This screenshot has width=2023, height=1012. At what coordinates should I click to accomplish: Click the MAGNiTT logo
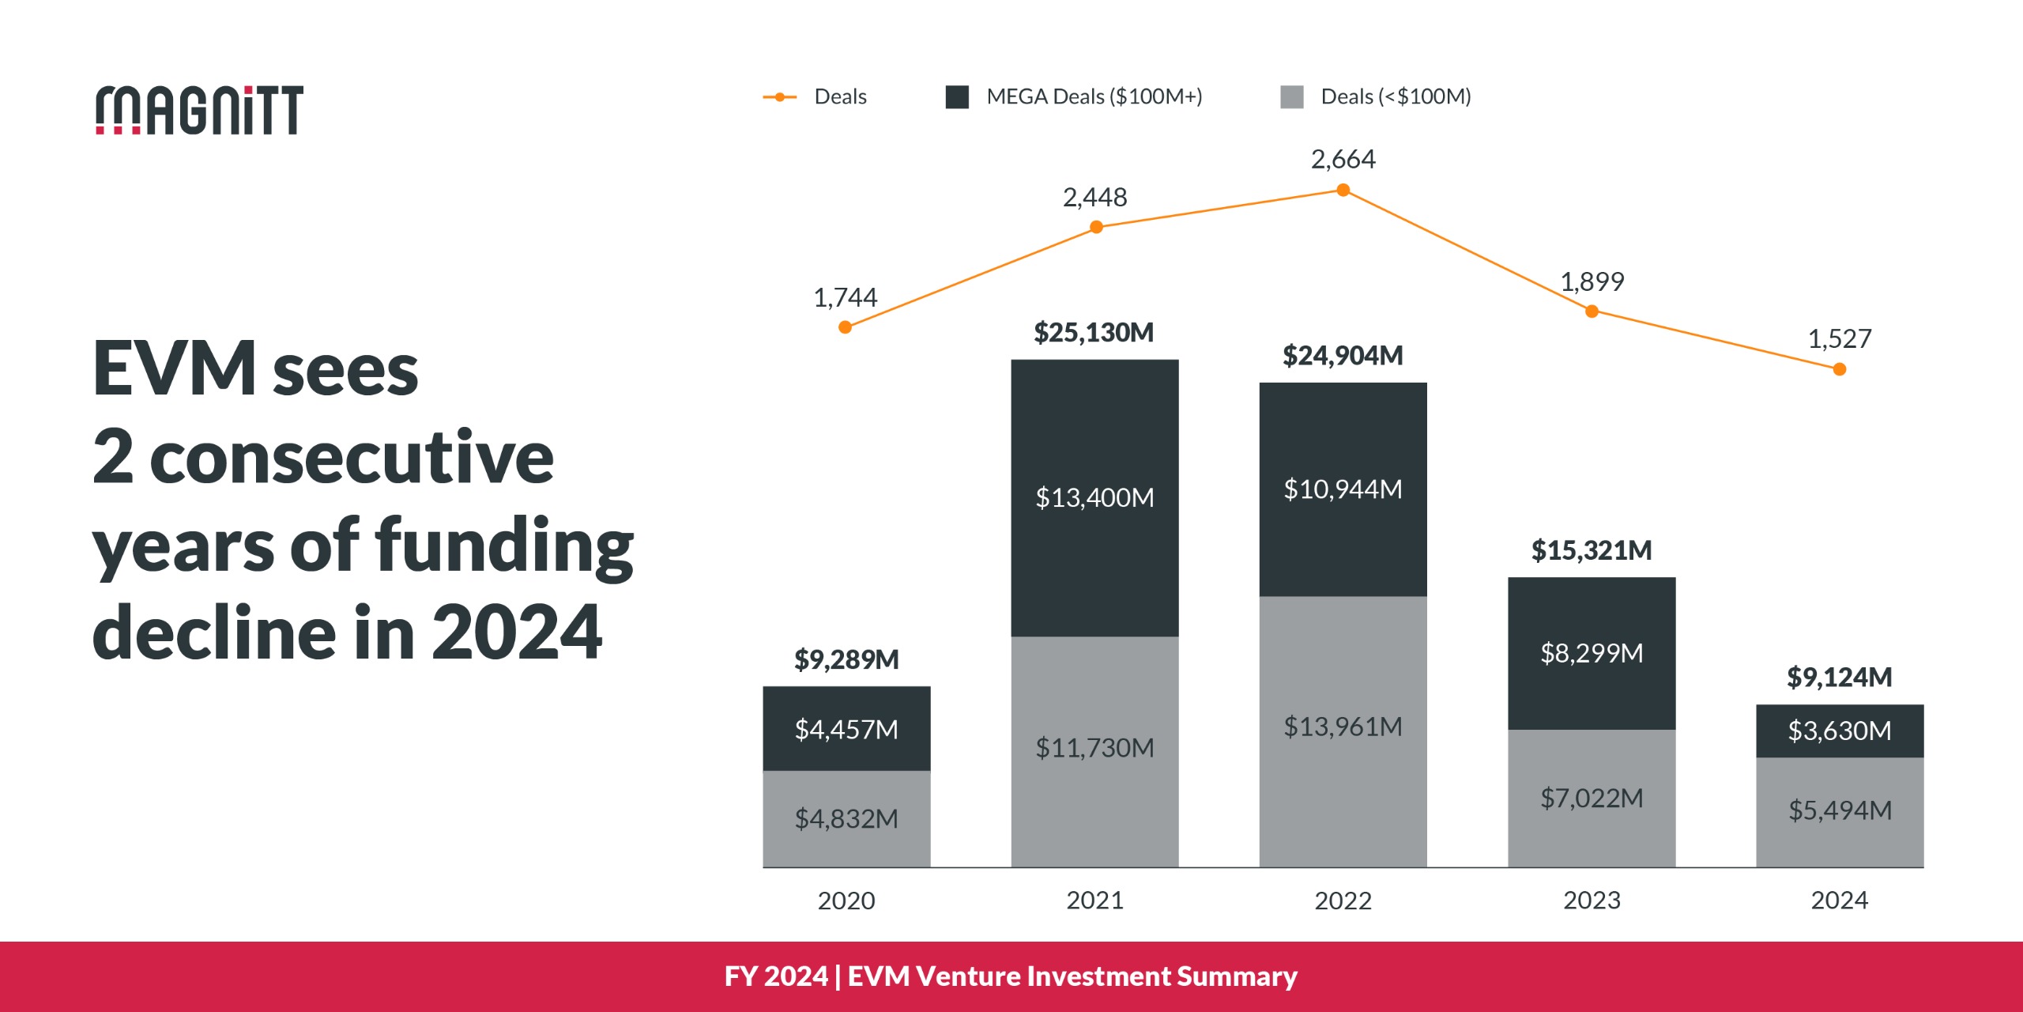pyautogui.click(x=199, y=110)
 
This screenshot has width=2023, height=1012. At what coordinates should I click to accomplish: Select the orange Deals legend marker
pyautogui.click(x=780, y=97)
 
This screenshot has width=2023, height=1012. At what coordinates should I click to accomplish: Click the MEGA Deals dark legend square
pyautogui.click(x=957, y=97)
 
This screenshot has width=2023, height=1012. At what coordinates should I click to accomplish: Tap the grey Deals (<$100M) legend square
pyautogui.click(x=1291, y=97)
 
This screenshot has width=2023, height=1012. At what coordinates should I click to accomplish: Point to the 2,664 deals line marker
pyautogui.click(x=1343, y=191)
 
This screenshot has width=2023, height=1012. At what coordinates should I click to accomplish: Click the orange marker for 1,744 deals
pyautogui.click(x=845, y=327)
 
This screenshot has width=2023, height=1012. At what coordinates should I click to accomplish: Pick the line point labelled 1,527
pyautogui.click(x=1839, y=369)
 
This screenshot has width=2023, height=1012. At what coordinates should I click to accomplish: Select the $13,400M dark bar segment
pyautogui.click(x=1094, y=498)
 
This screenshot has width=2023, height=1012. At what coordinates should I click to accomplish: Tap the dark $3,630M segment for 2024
pyautogui.click(x=1839, y=731)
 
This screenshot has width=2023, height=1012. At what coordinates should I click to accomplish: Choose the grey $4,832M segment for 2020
pyautogui.click(x=846, y=819)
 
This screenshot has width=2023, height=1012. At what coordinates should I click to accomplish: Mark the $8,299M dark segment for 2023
pyautogui.click(x=1591, y=653)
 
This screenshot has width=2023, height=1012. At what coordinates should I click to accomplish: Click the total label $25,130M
pyautogui.click(x=1094, y=333)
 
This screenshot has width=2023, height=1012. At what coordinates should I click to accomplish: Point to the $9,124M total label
pyautogui.click(x=1839, y=678)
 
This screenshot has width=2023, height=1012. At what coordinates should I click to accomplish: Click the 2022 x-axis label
pyautogui.click(x=1343, y=901)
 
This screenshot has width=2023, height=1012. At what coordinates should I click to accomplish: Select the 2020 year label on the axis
pyautogui.click(x=846, y=901)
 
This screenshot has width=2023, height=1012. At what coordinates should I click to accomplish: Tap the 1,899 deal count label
pyautogui.click(x=1592, y=282)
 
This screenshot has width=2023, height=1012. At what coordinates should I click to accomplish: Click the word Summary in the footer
pyautogui.click(x=1237, y=976)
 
